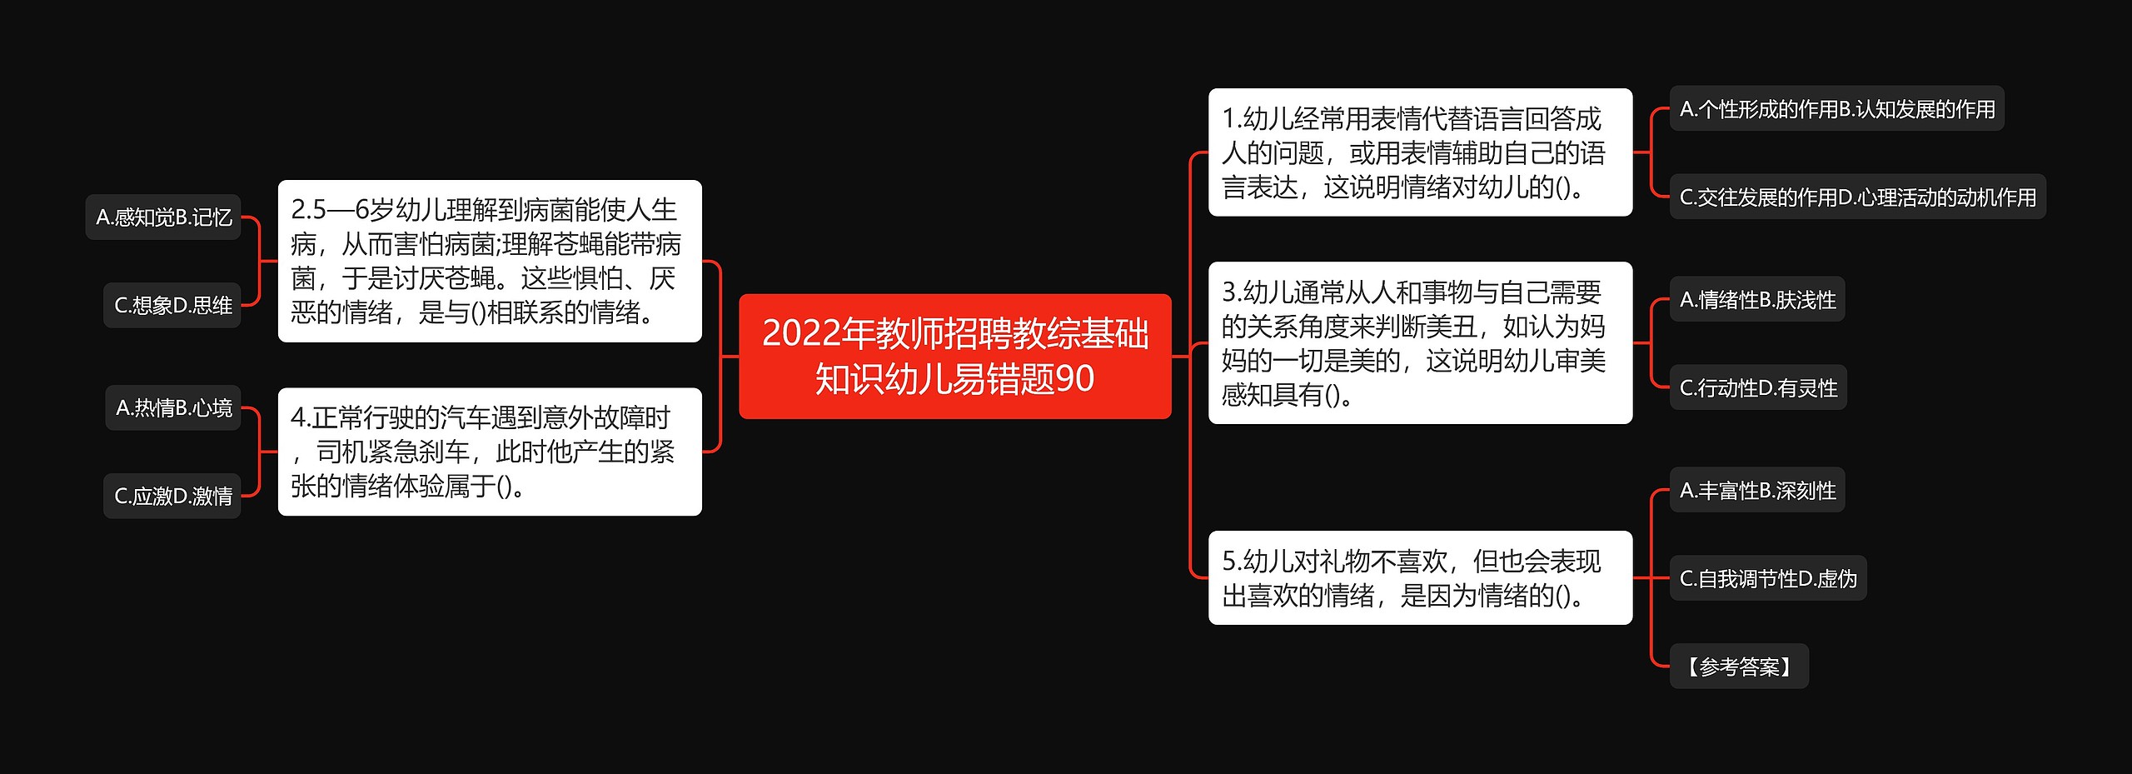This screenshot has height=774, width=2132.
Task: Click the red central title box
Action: (954, 356)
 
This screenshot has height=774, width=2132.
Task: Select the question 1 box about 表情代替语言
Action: (1419, 152)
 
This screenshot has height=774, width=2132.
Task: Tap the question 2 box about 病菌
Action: (489, 261)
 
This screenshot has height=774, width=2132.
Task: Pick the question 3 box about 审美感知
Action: (1419, 342)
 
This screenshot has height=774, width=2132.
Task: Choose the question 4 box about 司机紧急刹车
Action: (489, 452)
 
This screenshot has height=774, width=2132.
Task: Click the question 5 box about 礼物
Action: (1419, 577)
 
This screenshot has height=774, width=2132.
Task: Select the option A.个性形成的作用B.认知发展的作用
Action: (1836, 109)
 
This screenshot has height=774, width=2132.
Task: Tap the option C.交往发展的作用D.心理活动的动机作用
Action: (1857, 197)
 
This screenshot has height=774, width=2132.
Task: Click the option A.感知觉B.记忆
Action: (163, 217)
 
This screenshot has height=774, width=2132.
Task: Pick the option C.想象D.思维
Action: (172, 306)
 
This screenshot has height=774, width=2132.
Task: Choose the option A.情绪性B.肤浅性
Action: (1757, 300)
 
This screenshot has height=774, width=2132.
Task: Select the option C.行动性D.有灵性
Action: (1758, 388)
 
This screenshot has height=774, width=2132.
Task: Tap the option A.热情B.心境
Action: (173, 408)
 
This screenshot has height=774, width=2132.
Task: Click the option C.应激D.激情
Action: (172, 497)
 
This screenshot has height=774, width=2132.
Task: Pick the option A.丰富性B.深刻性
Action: (1757, 491)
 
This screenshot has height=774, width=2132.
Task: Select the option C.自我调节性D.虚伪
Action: (1768, 579)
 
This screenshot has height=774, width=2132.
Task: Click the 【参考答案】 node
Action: (1738, 667)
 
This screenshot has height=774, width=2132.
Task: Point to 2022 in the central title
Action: (800, 333)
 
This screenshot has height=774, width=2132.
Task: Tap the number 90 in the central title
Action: (1074, 379)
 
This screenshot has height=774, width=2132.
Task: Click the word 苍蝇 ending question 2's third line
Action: (470, 278)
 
